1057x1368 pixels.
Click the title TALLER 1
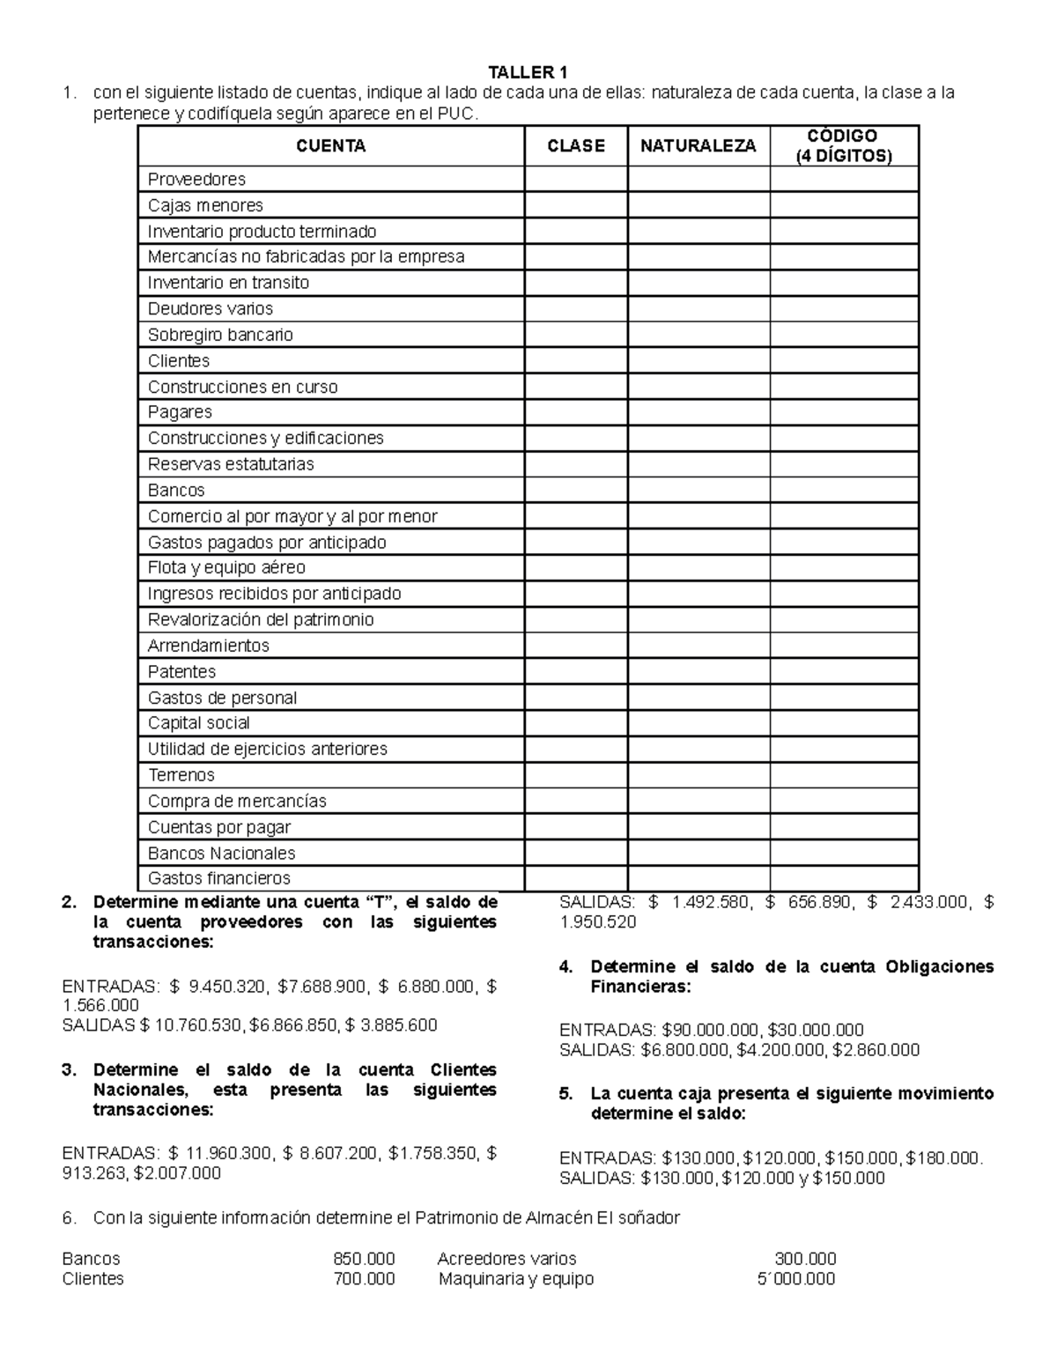click(x=528, y=72)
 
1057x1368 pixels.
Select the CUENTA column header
click(x=330, y=146)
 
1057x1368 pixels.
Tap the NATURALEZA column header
click(x=698, y=146)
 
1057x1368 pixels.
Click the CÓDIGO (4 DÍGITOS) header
click(x=844, y=146)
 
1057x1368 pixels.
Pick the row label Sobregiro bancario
click(x=220, y=335)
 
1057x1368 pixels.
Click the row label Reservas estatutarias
click(x=231, y=464)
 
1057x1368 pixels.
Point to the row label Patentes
click(x=181, y=671)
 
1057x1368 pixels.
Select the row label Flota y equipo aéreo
click(x=226, y=567)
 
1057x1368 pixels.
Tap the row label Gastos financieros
click(x=218, y=878)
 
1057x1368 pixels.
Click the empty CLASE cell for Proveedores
click(x=576, y=180)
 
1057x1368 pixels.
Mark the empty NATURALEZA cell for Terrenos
click(x=698, y=775)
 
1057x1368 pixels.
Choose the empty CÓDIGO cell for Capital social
click(x=844, y=723)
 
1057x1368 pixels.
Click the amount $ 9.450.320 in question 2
click(x=217, y=987)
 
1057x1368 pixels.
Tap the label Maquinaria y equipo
click(x=516, y=1279)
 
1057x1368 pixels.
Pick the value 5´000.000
click(x=795, y=1279)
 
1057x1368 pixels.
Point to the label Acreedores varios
click(x=506, y=1259)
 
